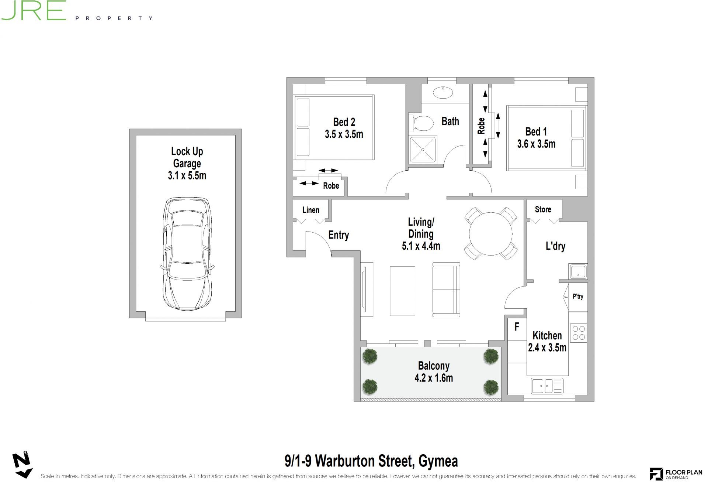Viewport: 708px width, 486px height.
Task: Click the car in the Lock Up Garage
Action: click(187, 254)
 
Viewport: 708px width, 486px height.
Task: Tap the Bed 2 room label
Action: click(344, 122)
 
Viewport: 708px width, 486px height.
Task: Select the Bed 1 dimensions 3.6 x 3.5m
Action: click(536, 144)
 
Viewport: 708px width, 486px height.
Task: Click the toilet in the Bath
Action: click(421, 123)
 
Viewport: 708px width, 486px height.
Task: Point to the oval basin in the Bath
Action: click(443, 92)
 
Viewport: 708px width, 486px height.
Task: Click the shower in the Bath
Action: click(423, 149)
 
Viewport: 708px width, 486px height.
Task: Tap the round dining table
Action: click(490, 233)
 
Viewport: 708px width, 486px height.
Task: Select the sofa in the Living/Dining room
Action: click(446, 290)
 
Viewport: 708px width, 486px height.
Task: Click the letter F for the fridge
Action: click(517, 326)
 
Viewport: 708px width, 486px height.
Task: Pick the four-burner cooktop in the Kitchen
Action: click(578, 332)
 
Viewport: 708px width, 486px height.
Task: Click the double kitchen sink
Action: click(547, 386)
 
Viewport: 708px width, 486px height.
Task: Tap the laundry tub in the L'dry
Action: click(578, 271)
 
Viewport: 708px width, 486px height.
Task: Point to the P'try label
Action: click(578, 296)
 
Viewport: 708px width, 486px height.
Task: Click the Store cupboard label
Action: click(543, 209)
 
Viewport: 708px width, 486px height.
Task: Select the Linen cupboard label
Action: click(311, 210)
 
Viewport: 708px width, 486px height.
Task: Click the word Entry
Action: click(339, 235)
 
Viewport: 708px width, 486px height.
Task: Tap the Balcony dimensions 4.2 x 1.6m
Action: click(434, 378)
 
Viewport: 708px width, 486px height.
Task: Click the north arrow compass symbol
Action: click(22, 465)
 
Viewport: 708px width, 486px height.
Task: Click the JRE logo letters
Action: click(33, 10)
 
